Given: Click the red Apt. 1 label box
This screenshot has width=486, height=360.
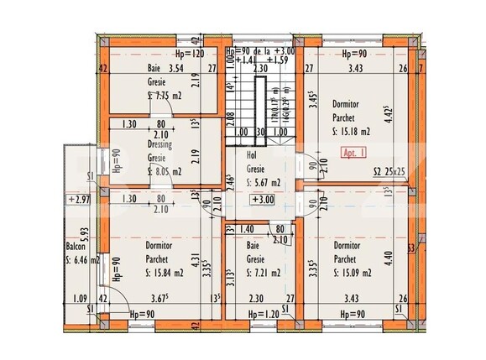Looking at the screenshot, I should coord(347,154).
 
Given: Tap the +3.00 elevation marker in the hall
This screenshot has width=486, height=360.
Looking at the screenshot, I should coord(263,200).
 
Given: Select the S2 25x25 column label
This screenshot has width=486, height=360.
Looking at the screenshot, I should coord(389,171).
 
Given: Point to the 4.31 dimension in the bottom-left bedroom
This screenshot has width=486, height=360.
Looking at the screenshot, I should coord(217,260).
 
